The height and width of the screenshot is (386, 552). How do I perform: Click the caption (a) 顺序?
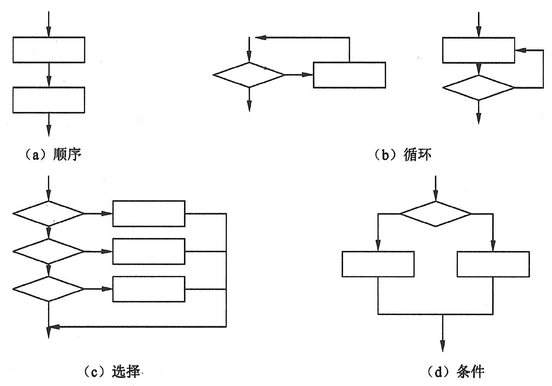pos(53,155)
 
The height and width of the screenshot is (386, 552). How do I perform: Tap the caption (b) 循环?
pos(402,155)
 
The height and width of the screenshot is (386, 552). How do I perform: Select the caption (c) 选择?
pos(112,372)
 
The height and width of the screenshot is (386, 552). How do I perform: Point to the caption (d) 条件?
pos(456,372)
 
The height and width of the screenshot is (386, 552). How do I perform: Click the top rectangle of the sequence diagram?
pos(49,50)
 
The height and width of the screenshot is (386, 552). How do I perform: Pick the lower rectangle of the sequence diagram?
pos(49,100)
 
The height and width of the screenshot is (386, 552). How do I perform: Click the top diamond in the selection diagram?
pos(49,213)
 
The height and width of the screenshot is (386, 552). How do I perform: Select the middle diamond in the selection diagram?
pos(49,251)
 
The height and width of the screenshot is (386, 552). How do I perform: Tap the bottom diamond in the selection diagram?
pos(49,289)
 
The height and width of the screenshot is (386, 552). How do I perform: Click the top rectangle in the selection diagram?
pos(149,213)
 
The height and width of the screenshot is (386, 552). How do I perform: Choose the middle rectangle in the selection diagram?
pos(149,251)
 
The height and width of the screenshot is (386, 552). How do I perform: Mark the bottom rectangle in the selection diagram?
pos(149,289)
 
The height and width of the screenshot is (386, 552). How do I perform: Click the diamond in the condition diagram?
pos(436,214)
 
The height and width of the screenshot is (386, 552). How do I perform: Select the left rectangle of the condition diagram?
pos(378,264)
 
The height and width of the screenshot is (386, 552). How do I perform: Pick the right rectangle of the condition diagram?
pos(493,264)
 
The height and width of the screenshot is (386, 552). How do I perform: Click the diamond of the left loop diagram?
pos(249,75)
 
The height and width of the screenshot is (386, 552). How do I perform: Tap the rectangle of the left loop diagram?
pos(349,75)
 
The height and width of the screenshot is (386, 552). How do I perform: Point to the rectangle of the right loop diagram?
pos(478,50)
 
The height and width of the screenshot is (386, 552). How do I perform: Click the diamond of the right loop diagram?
pos(478,88)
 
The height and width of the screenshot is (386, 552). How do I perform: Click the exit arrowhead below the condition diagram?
pos(442,346)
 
